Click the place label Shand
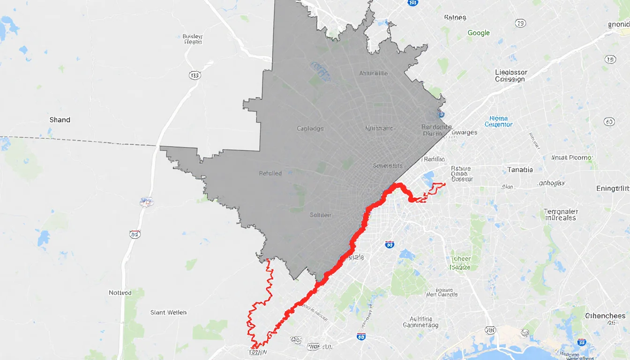(x=60, y=120)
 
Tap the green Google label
(x=479, y=33)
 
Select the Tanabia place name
(x=520, y=170)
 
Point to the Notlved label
(x=120, y=292)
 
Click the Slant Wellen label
(x=168, y=312)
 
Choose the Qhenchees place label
(x=605, y=315)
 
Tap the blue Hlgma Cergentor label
(x=498, y=121)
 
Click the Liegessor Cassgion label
(x=510, y=75)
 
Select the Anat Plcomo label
(x=572, y=157)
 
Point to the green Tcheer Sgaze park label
(x=460, y=263)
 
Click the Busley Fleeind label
(x=193, y=38)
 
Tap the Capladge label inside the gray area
(x=310, y=128)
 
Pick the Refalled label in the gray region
(x=270, y=173)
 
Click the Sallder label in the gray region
(x=321, y=215)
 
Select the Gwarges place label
(x=464, y=132)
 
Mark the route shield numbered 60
(x=609, y=121)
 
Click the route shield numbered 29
(x=520, y=23)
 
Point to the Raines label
(x=455, y=17)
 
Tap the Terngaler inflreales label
(x=561, y=214)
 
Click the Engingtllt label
(x=612, y=188)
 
